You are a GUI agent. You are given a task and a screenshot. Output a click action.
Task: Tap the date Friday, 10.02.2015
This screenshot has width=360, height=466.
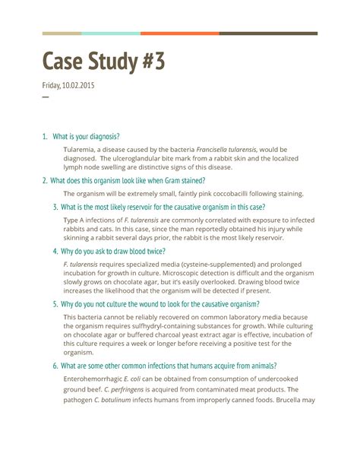(68, 86)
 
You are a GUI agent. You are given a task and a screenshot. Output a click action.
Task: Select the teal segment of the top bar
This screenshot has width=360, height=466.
(110, 33)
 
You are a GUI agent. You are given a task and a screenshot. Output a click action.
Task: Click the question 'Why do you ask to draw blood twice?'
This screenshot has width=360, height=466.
(114, 251)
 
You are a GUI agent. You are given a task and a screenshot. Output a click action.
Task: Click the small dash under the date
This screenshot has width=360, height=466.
(45, 97)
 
